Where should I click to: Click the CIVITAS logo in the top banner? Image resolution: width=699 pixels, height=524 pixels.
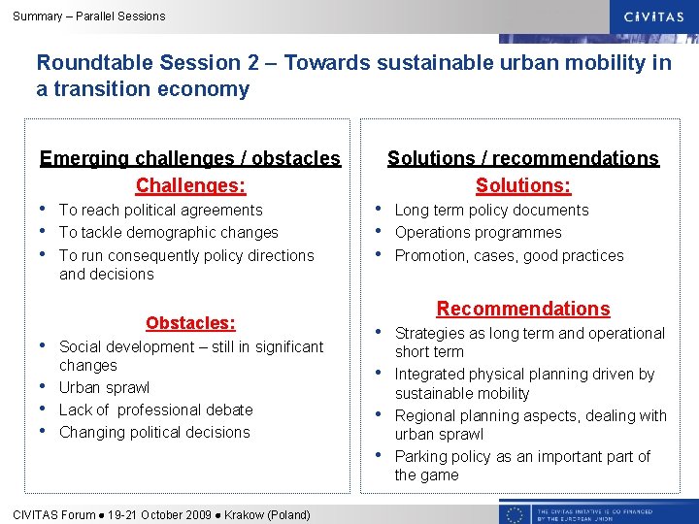[x=654, y=16]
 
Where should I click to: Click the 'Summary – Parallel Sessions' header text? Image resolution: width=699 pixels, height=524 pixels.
[x=89, y=16]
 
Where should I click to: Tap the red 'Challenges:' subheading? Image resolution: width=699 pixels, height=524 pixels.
[x=190, y=184]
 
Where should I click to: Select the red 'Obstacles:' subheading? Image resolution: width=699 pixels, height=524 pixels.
[x=190, y=322]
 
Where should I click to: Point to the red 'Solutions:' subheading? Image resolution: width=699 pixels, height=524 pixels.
[x=523, y=184]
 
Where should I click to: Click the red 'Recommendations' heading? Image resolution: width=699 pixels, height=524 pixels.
[x=523, y=309]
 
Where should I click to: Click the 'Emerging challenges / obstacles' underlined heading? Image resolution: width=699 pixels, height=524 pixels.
[x=190, y=158]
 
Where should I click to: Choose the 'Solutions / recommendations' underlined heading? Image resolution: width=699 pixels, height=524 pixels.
[x=523, y=158]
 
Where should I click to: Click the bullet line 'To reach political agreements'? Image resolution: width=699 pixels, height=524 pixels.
[x=160, y=210]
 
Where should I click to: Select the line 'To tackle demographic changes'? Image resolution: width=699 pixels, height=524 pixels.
[x=168, y=232]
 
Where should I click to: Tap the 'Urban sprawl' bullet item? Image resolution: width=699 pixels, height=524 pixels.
[x=104, y=387]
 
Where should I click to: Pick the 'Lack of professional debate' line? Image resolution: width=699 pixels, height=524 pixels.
[x=155, y=409]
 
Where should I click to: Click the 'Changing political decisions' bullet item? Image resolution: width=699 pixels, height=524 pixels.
[x=154, y=432]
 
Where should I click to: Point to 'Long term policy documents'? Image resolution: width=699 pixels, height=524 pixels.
[x=491, y=210]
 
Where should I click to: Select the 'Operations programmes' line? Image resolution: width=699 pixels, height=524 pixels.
[x=478, y=232]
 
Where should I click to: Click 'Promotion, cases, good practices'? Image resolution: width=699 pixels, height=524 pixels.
[x=509, y=255]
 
